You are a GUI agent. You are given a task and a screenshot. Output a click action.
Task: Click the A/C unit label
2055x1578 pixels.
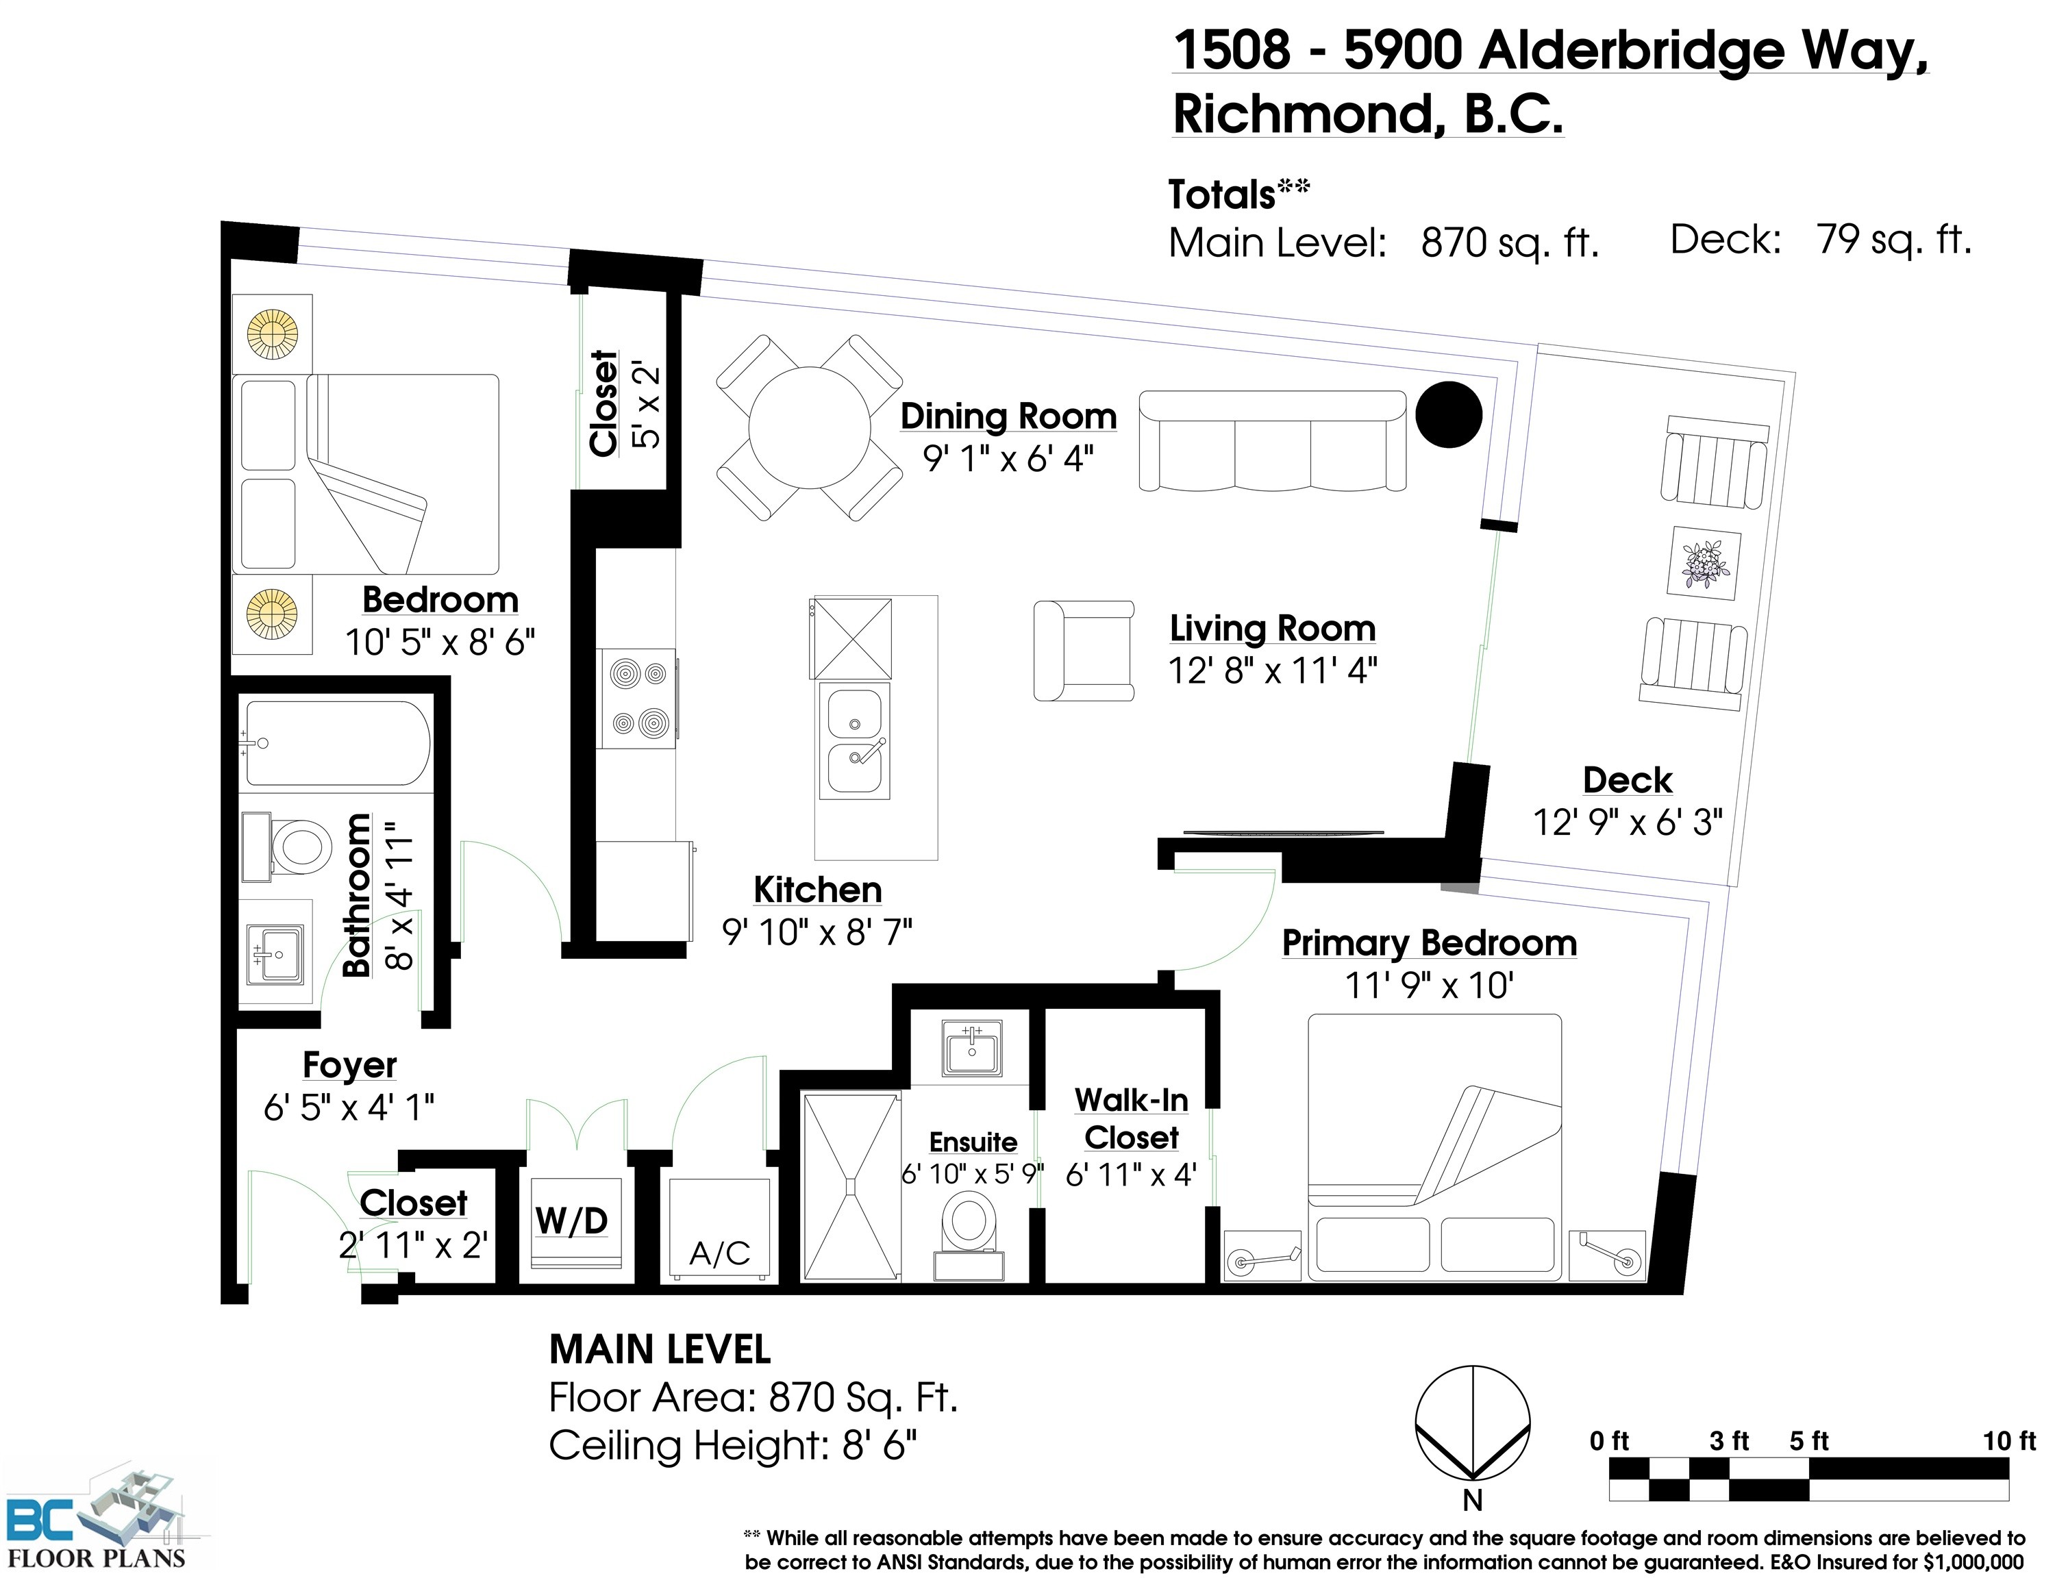click(719, 1252)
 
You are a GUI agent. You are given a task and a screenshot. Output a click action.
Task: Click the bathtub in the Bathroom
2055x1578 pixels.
click(336, 742)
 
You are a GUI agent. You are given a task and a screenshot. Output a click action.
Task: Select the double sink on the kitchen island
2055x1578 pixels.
click(854, 741)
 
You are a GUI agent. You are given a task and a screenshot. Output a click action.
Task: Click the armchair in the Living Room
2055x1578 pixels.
click(1084, 650)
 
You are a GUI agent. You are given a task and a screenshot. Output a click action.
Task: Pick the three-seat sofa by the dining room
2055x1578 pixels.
click(1273, 440)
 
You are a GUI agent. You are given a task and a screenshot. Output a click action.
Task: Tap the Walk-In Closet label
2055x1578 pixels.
click(1131, 1118)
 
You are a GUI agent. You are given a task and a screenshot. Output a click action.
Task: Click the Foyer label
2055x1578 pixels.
click(349, 1065)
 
